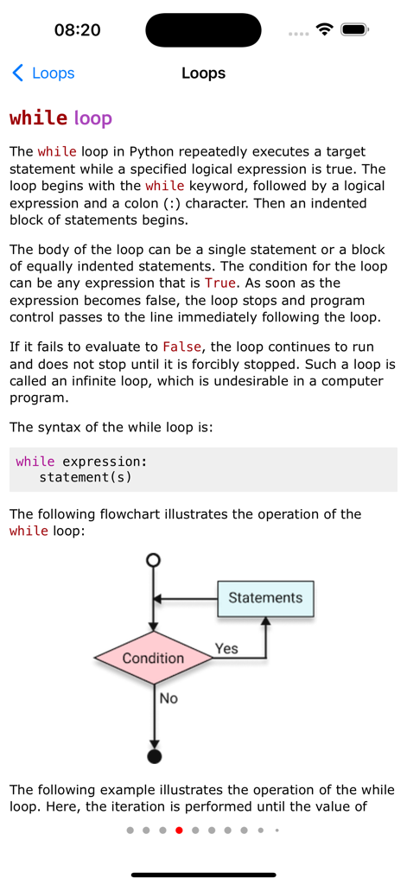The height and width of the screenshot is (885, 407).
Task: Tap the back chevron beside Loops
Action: point(17,73)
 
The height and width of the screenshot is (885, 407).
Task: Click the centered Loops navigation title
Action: point(203,73)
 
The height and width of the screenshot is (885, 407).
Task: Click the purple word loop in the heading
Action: point(92,118)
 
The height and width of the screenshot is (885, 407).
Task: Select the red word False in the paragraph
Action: point(181,347)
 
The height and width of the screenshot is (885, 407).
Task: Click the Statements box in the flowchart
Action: point(264,598)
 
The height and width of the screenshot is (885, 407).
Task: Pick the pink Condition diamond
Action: point(153,659)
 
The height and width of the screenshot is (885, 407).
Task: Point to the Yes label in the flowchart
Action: point(226,648)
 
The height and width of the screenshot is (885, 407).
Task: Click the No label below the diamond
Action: point(169,698)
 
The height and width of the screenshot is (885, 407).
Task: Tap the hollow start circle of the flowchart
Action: point(154,560)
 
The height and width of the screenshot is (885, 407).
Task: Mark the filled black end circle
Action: point(155,758)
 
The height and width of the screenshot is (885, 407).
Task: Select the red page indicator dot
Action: point(179,831)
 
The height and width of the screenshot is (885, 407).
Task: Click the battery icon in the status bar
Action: point(355,29)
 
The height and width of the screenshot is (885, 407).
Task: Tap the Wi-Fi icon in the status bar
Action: point(325,29)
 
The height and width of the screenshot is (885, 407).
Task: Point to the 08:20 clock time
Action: point(77,30)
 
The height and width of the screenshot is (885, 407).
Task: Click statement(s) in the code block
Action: point(86,477)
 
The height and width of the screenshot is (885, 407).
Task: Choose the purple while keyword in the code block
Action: point(35,462)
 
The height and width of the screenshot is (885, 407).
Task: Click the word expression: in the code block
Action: point(105,462)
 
